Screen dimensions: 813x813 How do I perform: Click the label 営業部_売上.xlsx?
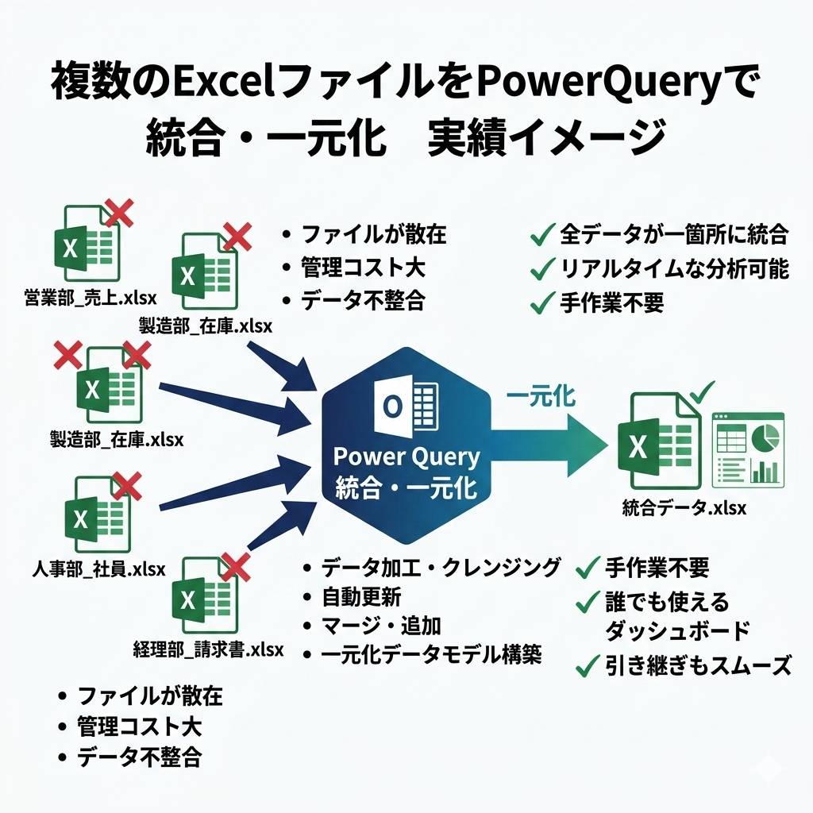[x=90, y=299]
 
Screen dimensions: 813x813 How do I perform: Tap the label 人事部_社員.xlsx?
[x=98, y=568]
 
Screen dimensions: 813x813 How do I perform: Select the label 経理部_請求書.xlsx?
[x=208, y=650]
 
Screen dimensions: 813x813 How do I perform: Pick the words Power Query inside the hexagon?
[x=406, y=457]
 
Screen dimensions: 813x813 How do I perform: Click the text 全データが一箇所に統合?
[x=673, y=234]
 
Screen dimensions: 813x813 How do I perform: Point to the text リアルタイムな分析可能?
[x=674, y=268]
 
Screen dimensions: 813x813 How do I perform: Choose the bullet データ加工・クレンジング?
[x=441, y=568]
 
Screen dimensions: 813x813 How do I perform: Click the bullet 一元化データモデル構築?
[x=432, y=655]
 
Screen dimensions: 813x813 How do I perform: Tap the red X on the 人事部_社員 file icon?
[x=128, y=483]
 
